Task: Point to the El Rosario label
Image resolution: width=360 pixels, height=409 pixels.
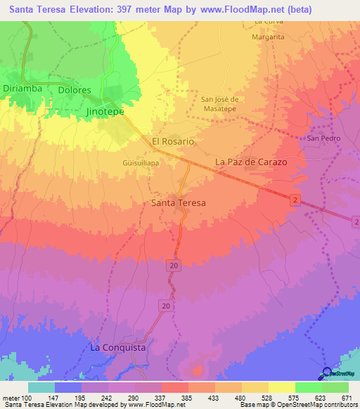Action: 173,141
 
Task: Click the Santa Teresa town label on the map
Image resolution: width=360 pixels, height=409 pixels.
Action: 179,202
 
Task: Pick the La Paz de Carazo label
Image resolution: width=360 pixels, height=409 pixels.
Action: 251,162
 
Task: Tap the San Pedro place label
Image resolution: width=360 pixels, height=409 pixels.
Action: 323,138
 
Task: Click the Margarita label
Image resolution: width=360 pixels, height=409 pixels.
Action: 269,37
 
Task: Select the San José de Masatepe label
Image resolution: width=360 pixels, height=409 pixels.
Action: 221,103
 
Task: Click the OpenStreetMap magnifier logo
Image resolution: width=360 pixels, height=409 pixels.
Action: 328,372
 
